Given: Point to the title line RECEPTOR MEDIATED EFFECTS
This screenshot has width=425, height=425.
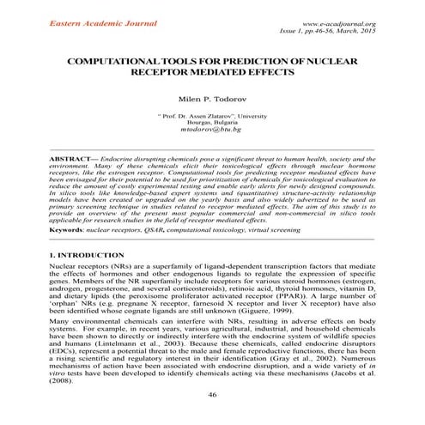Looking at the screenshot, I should coord(212,75).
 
